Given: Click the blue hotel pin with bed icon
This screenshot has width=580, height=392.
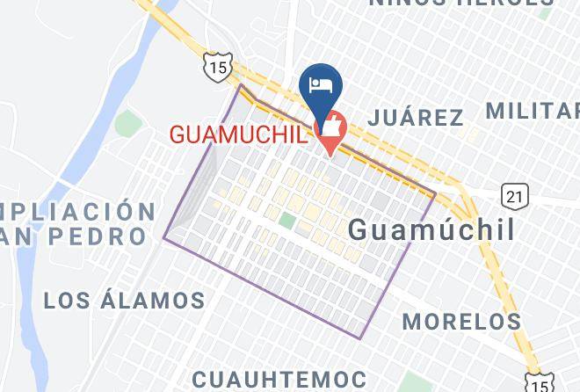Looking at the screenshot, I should [x=321, y=84].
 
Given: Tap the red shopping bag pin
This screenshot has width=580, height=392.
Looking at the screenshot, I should [x=331, y=128].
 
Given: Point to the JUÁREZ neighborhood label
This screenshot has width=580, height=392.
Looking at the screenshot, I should [x=416, y=117].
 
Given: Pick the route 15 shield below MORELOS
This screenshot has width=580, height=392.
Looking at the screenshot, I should [x=539, y=381].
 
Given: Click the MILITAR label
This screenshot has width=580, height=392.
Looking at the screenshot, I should [x=532, y=111].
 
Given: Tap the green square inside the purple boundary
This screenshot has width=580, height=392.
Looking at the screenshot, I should [x=286, y=219].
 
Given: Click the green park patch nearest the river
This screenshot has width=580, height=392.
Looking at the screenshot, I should [x=127, y=124].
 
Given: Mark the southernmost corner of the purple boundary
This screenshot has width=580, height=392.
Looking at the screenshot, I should [x=362, y=338].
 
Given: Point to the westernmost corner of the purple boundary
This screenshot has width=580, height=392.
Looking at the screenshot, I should [x=164, y=237].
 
